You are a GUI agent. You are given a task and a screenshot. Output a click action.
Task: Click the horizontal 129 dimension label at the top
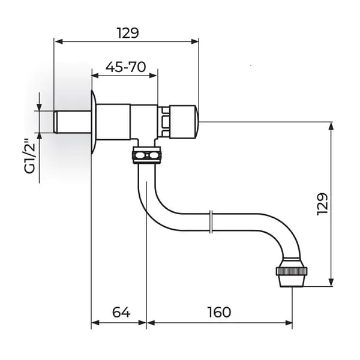point(128,33)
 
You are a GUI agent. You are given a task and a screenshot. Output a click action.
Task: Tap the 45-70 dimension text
point(125,67)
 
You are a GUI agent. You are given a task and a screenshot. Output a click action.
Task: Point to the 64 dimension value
point(121,312)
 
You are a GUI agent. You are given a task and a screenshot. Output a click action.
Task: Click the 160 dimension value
point(219,312)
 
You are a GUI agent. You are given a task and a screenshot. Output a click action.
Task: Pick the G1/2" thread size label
point(30,155)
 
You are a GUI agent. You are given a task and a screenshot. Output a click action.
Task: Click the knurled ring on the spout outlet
point(292,271)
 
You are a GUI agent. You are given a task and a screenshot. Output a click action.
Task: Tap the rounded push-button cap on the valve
point(183,122)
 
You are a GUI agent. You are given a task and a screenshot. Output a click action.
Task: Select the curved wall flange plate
point(94,122)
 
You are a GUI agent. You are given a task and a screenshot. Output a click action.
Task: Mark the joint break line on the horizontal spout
point(211,222)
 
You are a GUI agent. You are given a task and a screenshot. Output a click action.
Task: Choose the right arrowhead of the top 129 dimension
point(194,41)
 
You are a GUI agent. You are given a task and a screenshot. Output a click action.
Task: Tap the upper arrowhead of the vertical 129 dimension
point(331,127)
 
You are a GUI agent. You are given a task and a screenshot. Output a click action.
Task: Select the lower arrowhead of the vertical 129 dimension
point(331,283)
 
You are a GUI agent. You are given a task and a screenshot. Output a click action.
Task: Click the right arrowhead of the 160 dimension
point(289,323)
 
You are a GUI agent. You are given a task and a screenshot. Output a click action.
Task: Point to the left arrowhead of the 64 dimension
point(95,323)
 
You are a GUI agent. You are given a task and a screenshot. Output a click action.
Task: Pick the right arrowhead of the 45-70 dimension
point(154,76)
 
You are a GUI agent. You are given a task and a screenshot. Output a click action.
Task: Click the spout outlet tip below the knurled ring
point(292,281)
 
